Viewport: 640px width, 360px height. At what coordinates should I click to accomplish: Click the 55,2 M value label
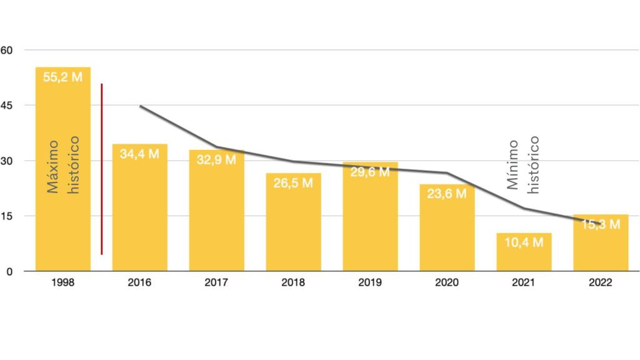click(63, 77)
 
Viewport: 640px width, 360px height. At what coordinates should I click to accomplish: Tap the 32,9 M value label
click(216, 159)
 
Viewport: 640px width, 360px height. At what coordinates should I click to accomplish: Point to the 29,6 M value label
click(370, 172)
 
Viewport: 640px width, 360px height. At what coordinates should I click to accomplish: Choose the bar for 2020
click(447, 234)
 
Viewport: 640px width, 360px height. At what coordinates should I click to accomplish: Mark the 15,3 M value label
click(601, 224)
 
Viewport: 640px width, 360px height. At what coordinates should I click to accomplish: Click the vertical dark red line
click(101, 169)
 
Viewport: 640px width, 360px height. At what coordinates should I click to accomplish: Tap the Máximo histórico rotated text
click(63, 165)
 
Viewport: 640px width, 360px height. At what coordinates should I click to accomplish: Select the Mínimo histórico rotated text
click(523, 165)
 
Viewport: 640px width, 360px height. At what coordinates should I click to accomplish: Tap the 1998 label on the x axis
click(63, 282)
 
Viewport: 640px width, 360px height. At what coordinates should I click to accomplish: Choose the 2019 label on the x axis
click(370, 282)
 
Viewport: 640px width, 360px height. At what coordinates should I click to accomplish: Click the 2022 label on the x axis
click(601, 282)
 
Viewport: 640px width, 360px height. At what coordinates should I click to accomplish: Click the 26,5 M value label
click(293, 184)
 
